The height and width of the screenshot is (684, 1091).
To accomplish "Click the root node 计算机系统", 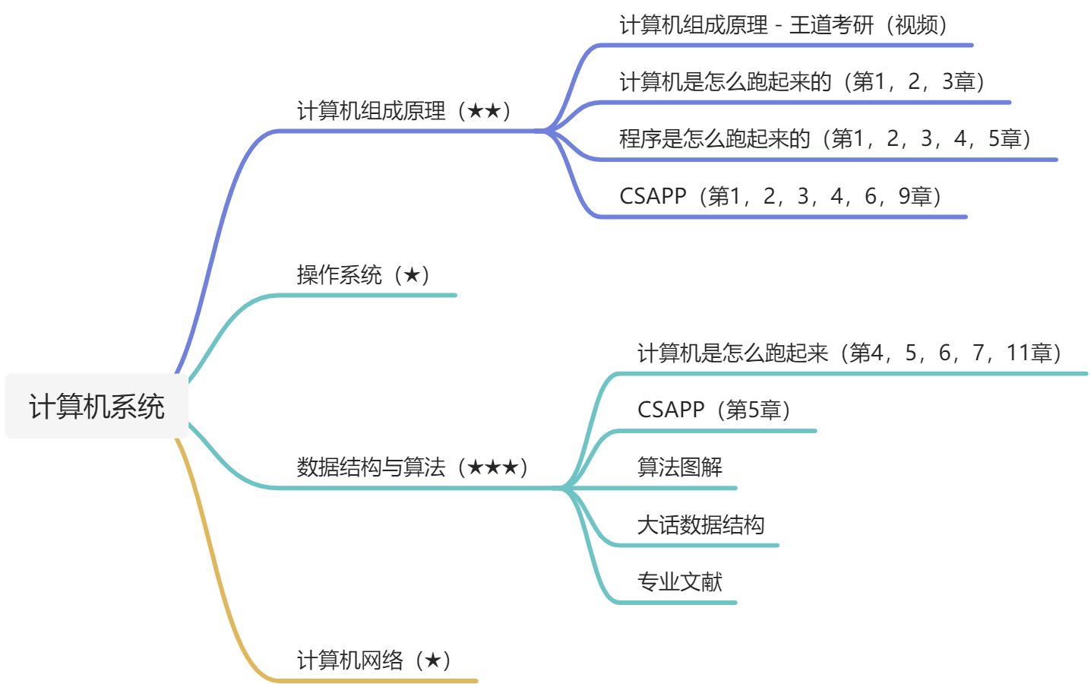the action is (96, 407).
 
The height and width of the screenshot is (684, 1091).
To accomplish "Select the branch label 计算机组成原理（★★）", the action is (403, 111).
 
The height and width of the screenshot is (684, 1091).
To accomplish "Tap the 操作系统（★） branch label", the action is (363, 275).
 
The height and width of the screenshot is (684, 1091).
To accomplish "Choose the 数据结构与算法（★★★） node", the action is (413, 467).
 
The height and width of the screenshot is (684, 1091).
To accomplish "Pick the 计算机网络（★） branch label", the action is (374, 660).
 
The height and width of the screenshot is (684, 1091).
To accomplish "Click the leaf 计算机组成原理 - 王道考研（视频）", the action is (783, 25).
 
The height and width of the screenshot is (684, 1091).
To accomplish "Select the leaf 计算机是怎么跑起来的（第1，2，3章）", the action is (802, 81).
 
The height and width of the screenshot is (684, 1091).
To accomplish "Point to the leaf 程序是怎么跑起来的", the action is (715, 138).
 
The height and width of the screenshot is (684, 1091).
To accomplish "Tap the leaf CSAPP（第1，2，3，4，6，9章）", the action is (780, 196).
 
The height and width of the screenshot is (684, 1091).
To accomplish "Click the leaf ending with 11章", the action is (849, 353).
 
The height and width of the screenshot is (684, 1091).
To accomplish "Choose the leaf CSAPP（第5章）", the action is (714, 410).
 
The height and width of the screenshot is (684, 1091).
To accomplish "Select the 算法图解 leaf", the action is (679, 467).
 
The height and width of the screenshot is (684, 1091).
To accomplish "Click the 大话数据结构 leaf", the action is (701, 524).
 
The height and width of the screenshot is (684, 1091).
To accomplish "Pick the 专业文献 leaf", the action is (679, 581).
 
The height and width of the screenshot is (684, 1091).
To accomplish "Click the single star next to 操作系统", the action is (412, 275).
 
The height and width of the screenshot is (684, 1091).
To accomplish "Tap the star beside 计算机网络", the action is (433, 660).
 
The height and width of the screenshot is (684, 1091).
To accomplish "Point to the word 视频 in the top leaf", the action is (916, 25).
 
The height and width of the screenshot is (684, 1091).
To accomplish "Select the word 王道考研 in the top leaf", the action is (831, 25).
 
